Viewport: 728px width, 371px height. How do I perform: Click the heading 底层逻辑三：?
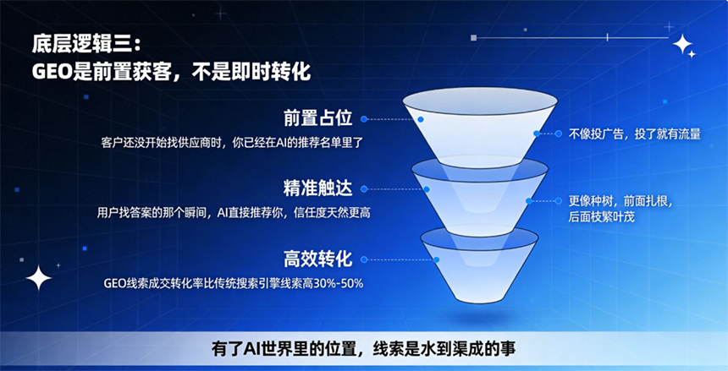85,45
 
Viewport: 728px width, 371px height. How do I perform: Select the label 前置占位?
318,118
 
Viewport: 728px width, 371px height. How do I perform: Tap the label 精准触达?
318,188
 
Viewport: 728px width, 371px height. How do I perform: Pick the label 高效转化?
318,259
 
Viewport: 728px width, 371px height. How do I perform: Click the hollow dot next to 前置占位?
364,119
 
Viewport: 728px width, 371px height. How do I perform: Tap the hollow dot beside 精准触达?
364,189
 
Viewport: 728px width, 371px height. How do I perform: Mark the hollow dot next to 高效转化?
364,259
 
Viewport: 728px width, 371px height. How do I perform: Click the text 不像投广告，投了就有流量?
635,134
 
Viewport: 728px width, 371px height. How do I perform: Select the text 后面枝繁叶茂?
601,217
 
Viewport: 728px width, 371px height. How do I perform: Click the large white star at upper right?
682,44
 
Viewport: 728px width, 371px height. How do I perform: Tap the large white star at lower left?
39,278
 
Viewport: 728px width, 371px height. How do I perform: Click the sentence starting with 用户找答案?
234,213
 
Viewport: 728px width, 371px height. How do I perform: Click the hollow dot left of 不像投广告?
559,134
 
